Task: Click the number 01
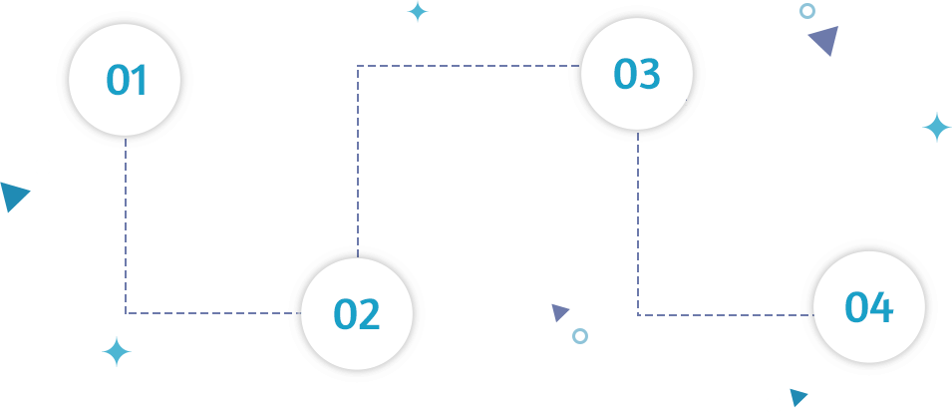pos(127,80)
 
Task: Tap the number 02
pos(357,314)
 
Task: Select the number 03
pos(636,73)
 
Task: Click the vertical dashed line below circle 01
pos(126,225)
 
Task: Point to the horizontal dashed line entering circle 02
pos(213,313)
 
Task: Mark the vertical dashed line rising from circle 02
pos(358,162)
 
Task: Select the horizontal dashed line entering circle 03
pos(470,66)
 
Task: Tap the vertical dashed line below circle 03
pos(638,223)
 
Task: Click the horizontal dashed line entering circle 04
pos(726,315)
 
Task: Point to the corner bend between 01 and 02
pos(126,313)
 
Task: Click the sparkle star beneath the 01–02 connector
pos(117,352)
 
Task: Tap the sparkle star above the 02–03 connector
pos(418,12)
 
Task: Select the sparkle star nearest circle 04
pos(937,128)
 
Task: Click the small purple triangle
pos(559,311)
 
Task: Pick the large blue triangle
pos(13,195)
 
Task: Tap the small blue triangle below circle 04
pos(797,397)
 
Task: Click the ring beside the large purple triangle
pos(806,10)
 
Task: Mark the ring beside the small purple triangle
pos(580,336)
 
